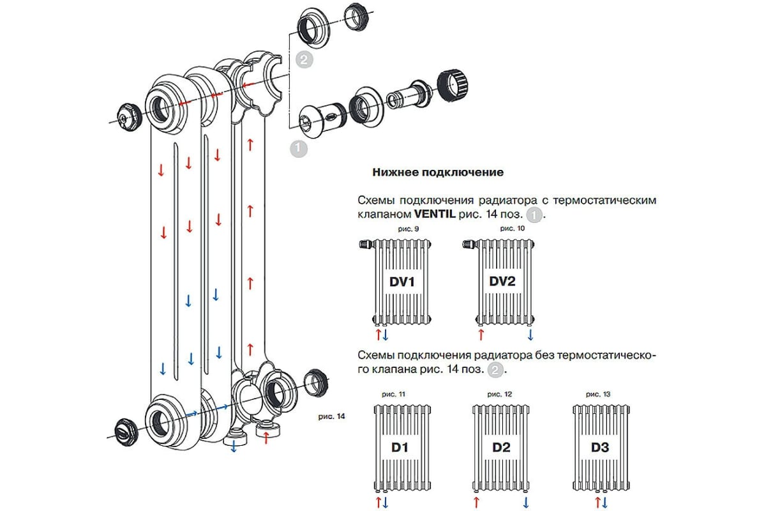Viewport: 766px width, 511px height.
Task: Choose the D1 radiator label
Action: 400,448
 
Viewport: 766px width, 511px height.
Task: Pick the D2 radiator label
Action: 502,448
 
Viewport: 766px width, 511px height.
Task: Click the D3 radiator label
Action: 599,448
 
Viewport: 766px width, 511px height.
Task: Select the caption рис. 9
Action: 403,228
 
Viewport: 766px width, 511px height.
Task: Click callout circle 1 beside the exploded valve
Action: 298,149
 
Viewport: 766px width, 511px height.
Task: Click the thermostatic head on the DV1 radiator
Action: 366,243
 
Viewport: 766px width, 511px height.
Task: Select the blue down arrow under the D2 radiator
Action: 525,502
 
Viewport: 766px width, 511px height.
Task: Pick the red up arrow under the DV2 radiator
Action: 481,335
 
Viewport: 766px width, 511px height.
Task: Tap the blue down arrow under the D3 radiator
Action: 604,502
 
